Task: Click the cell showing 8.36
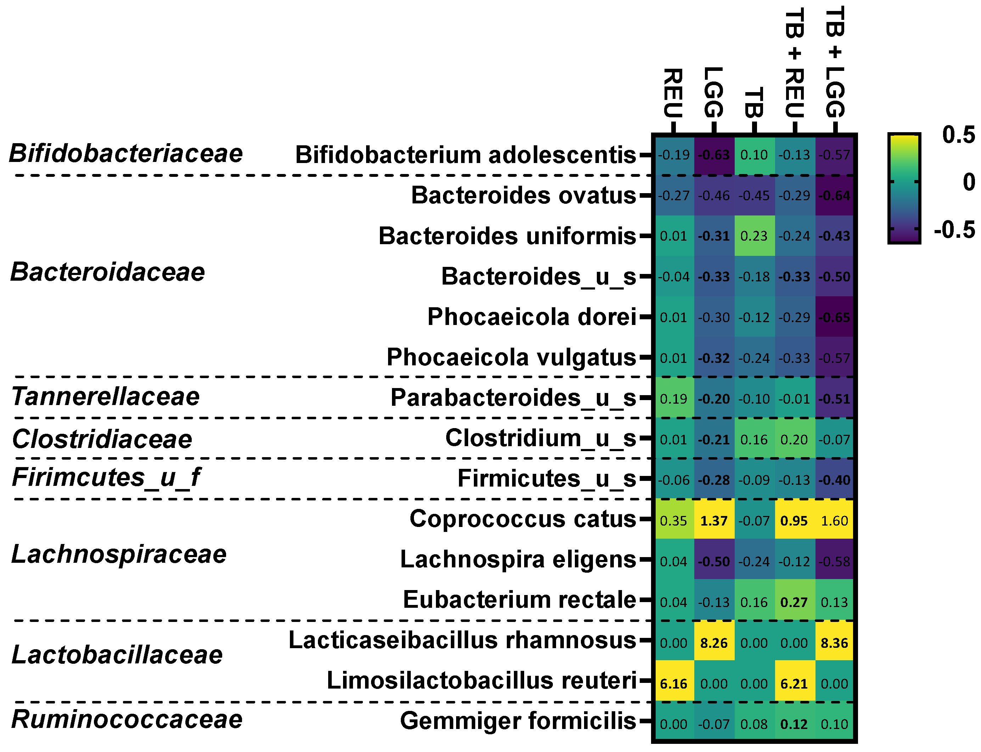click(834, 643)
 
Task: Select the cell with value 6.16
click(673, 684)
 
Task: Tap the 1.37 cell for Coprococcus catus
click(714, 521)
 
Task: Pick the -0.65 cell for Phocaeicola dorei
click(834, 318)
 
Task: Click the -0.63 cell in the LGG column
click(714, 155)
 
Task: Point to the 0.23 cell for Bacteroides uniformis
click(754, 236)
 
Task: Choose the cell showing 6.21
click(794, 684)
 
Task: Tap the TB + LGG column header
click(835, 63)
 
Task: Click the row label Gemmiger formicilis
click(518, 721)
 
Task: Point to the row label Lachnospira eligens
click(518, 560)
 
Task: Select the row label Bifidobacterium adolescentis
click(465, 155)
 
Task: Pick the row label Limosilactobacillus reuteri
click(482, 680)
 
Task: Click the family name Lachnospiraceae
click(119, 554)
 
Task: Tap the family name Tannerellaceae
click(106, 397)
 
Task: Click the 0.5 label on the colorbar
click(958, 135)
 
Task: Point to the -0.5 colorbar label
click(954, 230)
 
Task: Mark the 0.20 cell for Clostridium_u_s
click(794, 439)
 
